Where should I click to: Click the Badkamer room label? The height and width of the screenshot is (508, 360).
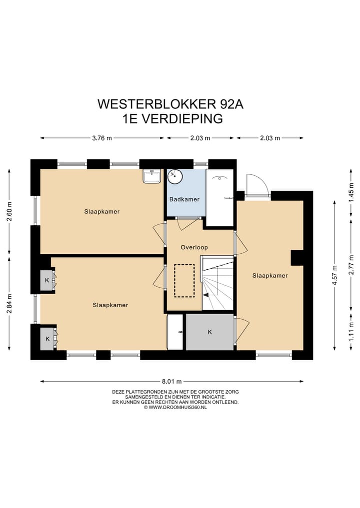click(x=184, y=199)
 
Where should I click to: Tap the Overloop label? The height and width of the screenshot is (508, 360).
click(x=194, y=247)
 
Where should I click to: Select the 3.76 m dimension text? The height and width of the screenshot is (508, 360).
click(x=102, y=138)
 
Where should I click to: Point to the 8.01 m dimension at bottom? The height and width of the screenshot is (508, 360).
click(x=171, y=382)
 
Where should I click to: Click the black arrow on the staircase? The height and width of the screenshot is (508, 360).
click(x=205, y=295)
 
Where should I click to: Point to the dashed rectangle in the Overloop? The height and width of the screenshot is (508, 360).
click(x=183, y=281)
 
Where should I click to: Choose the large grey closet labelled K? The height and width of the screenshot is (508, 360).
click(x=209, y=332)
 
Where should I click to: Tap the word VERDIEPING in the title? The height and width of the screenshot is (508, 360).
click(x=182, y=119)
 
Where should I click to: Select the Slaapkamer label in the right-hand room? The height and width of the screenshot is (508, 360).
click(x=270, y=275)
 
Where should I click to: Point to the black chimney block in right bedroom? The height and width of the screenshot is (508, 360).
click(x=297, y=257)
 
